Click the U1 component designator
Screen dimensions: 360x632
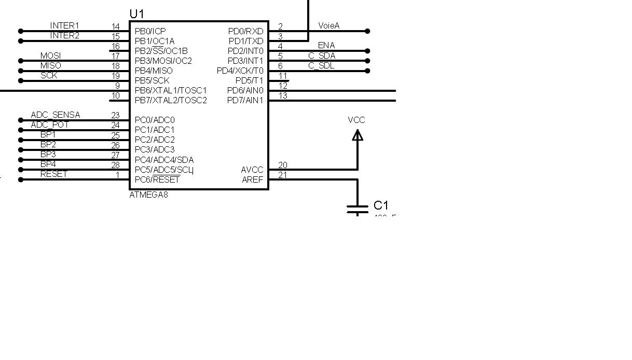[136, 14]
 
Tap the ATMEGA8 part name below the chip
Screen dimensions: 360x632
[148, 195]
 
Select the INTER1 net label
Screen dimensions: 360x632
[64, 25]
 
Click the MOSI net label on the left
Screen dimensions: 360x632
[50, 56]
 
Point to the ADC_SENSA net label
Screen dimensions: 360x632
[56, 115]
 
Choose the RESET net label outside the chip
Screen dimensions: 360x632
[54, 174]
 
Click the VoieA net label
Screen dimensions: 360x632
[328, 25]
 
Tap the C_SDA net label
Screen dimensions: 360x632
[322, 56]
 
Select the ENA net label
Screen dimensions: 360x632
[326, 45]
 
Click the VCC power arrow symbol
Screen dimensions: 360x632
[358, 135]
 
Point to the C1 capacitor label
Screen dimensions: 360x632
[381, 205]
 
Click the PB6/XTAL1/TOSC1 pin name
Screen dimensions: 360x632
[171, 90]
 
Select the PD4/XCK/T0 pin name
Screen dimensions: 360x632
[240, 71]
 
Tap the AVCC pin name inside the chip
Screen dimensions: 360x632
[252, 170]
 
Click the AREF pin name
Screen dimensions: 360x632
[253, 179]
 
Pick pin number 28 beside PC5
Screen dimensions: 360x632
[115, 165]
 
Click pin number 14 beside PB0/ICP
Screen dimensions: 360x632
[115, 26]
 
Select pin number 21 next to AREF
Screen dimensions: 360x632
[283, 175]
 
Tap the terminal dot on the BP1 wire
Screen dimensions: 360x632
[21, 140]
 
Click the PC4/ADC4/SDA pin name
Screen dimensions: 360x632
[164, 160]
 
